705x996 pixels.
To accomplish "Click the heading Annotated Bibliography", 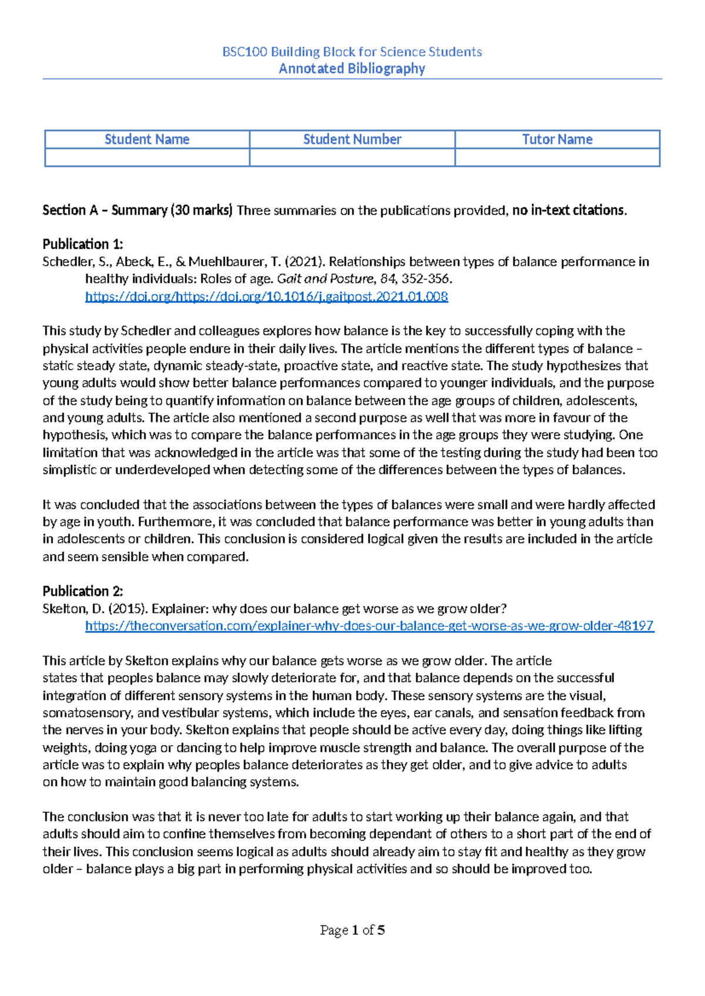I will point(352,69).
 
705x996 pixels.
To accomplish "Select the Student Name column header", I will point(147,139).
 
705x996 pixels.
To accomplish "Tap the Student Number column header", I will point(352,139).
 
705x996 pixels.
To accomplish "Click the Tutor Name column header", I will point(557,139).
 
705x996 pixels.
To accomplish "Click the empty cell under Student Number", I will point(352,157).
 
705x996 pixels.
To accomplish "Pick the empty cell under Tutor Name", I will point(557,157).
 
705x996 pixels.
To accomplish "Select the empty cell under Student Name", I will point(147,157).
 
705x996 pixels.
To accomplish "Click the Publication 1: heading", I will point(83,244).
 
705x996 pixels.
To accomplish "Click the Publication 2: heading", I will point(83,591).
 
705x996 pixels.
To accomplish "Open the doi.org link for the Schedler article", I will point(267,296).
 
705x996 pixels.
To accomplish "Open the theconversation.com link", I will point(369,626).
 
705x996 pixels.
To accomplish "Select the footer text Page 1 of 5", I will point(352,930).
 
